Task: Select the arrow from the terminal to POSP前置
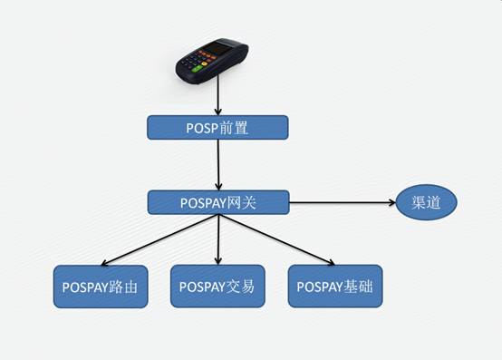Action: click(218, 94)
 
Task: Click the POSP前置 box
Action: click(217, 128)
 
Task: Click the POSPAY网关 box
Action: click(217, 202)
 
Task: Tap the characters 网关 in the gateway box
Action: click(242, 202)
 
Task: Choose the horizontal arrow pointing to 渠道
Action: click(340, 202)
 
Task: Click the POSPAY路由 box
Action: click(101, 287)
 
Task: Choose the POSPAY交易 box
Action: click(217, 287)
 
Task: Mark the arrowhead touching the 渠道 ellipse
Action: click(388, 202)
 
